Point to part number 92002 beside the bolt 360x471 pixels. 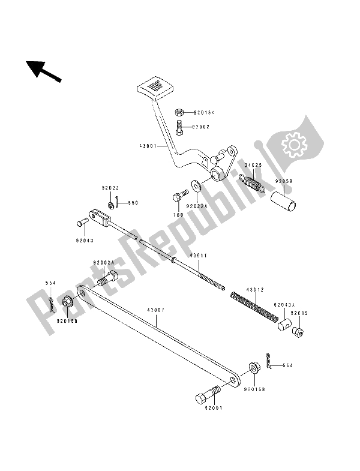200,127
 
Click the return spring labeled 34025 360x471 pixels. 252,181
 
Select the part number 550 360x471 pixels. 133,203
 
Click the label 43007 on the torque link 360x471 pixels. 156,310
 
